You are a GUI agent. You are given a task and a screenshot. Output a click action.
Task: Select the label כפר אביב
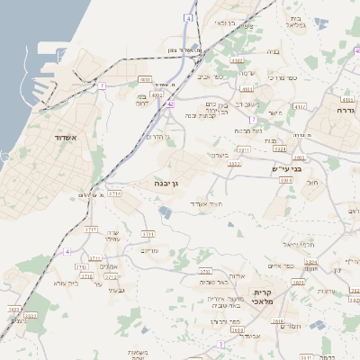click(210, 77)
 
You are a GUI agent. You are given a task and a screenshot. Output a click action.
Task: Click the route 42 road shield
click(170, 103)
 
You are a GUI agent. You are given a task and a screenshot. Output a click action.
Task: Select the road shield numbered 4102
click(237, 60)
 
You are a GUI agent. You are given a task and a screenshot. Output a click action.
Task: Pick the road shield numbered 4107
click(347, 98)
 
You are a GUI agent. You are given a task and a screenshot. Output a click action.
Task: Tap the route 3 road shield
click(220, 345)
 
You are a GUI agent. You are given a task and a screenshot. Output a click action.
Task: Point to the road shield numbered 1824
click(311, 262)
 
